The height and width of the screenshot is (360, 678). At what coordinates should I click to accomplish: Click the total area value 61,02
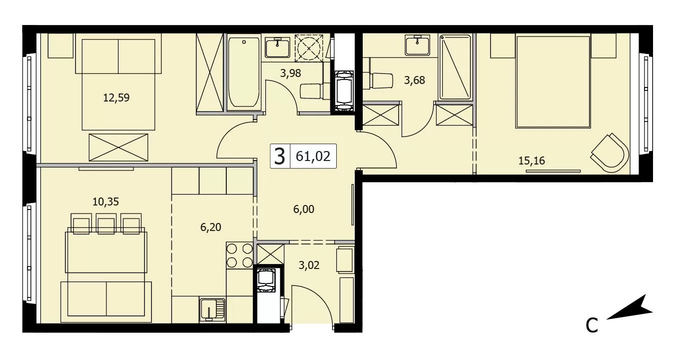[313, 156]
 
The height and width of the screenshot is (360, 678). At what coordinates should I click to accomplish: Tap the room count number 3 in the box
[280, 156]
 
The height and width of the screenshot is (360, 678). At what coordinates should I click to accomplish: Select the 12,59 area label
[116, 98]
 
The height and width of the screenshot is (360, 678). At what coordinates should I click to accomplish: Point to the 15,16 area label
[532, 160]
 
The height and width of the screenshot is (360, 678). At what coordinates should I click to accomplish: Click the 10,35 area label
[105, 201]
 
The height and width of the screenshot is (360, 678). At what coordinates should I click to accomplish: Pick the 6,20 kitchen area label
[211, 227]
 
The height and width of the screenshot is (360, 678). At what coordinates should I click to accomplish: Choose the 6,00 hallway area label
[304, 209]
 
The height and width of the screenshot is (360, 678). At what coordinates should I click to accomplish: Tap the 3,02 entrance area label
[309, 265]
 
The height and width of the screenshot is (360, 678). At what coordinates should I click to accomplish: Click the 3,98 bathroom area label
[290, 73]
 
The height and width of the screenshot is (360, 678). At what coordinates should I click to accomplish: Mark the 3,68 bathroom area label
[414, 80]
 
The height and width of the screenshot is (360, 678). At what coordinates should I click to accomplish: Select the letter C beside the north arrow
[592, 325]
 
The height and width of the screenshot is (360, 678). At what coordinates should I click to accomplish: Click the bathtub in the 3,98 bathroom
[244, 72]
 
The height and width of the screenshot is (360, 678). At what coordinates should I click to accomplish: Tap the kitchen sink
[212, 309]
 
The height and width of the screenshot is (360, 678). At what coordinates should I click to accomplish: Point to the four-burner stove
[239, 255]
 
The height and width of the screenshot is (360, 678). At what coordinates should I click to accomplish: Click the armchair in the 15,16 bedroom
[610, 153]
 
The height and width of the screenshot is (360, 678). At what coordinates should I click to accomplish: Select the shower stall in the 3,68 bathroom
[455, 67]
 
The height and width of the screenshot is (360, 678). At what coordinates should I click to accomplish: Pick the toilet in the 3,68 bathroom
[378, 80]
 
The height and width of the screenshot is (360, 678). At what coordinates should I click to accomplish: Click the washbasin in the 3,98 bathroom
[277, 47]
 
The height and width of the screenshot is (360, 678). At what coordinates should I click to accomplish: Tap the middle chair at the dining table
[106, 223]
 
